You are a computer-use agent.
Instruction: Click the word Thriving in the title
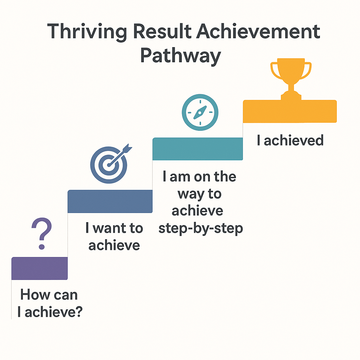pos(87,32)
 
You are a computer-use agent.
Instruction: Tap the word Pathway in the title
pos(180,56)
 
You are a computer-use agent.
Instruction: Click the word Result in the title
pos(162,31)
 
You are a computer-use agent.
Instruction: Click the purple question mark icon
pos(42,233)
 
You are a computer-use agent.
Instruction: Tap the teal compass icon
pos(200,112)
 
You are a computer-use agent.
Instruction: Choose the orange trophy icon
pos(291,79)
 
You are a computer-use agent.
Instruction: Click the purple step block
pos(39,268)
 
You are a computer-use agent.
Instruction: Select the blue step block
pos(110,201)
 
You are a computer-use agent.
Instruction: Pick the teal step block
pos(198,149)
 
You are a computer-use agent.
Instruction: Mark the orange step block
pos(290,111)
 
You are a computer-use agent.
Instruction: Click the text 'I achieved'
pos(290,140)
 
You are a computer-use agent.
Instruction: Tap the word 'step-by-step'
pos(201,229)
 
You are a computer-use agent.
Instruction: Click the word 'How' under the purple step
pos(35,295)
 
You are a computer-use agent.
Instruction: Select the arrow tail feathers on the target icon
pos(128,148)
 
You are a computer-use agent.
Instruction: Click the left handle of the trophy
pos(276,70)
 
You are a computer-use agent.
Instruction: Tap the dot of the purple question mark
pos(42,247)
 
